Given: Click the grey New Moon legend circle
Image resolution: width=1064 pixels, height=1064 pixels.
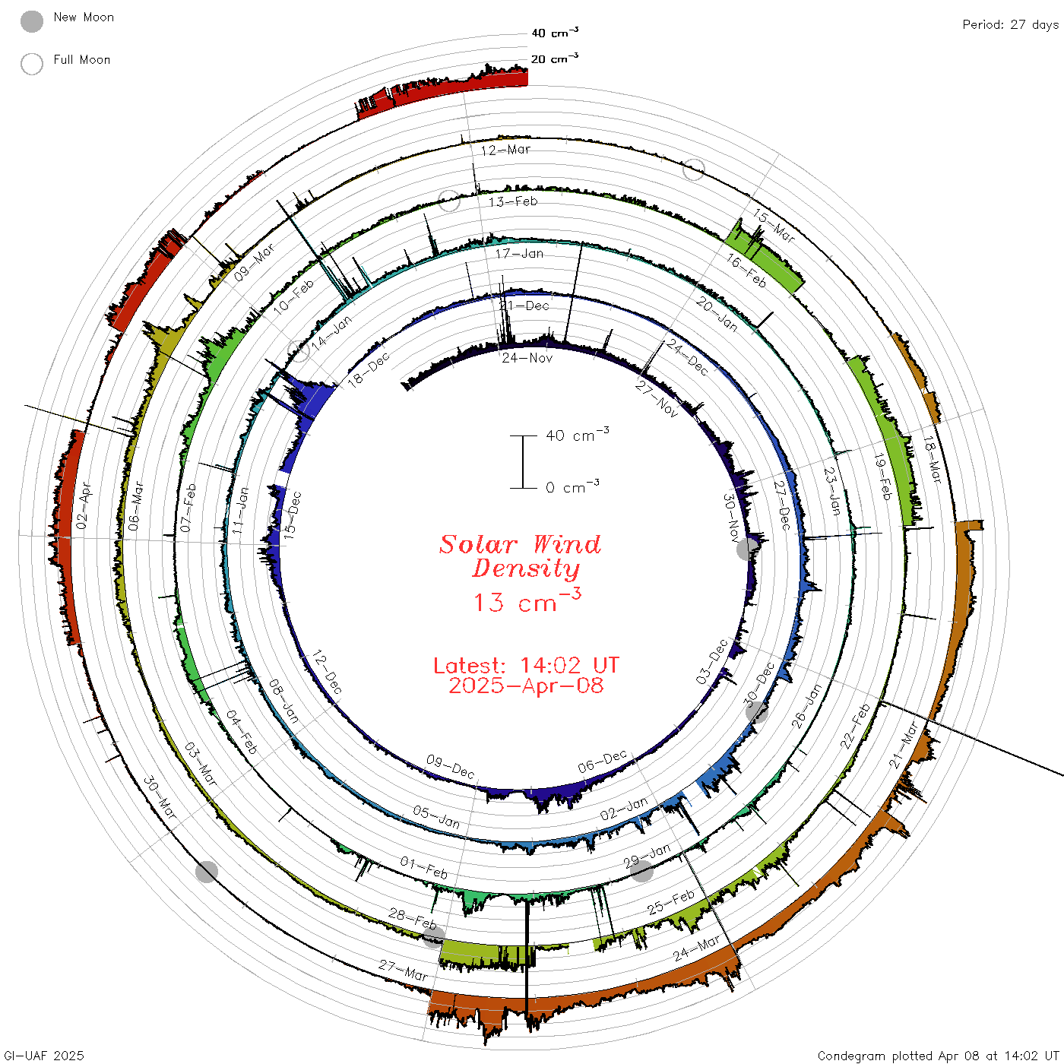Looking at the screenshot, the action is tap(31, 21).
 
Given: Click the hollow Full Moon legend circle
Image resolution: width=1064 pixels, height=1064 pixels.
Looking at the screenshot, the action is tap(31, 64).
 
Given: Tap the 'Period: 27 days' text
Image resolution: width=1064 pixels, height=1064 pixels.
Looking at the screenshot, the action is tap(1011, 25).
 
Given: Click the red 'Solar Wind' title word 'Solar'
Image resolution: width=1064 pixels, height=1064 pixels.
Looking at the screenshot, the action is tap(478, 544).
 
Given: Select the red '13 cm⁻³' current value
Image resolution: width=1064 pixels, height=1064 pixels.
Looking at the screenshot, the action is tap(527, 600).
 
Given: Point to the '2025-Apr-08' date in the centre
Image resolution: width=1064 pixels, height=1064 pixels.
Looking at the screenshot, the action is tap(526, 686).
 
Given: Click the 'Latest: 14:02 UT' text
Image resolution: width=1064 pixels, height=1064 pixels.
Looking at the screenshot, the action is tap(526, 665).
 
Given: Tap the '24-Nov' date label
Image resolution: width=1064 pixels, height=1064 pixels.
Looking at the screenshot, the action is tap(527, 358).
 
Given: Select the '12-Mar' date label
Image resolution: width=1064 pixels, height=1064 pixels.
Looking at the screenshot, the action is tap(505, 150).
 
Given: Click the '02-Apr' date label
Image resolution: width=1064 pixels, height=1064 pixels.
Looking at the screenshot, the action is tap(84, 505).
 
